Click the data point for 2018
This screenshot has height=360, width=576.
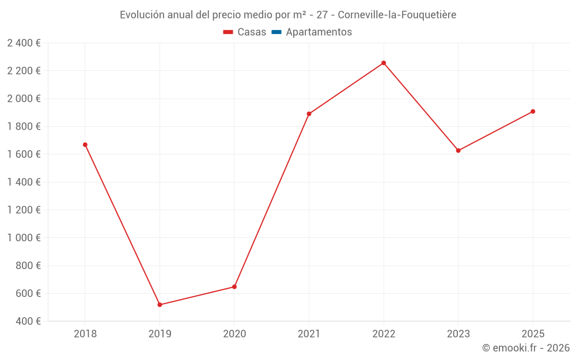click(x=85, y=145)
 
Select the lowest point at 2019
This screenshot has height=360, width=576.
click(x=160, y=305)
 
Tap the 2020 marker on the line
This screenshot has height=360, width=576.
click(x=234, y=287)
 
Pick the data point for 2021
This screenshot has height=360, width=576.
click(x=309, y=114)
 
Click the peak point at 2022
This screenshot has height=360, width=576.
click(x=384, y=63)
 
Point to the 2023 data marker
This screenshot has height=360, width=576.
click(x=458, y=151)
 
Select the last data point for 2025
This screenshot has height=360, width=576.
click(x=533, y=111)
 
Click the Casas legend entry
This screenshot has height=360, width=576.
click(x=245, y=32)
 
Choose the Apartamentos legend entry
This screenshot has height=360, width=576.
click(x=311, y=32)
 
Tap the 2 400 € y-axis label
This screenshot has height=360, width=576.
click(x=24, y=43)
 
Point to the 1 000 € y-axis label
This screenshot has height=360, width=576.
click(x=24, y=238)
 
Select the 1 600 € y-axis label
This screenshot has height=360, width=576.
click(x=24, y=154)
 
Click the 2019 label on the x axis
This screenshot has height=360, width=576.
click(x=160, y=334)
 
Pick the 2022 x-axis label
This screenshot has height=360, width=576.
click(x=384, y=334)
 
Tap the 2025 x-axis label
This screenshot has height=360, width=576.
click(x=533, y=334)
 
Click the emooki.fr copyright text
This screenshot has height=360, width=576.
click(x=526, y=348)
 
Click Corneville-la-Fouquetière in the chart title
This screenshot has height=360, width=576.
click(x=397, y=15)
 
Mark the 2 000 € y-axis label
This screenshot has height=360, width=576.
click(x=24, y=98)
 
